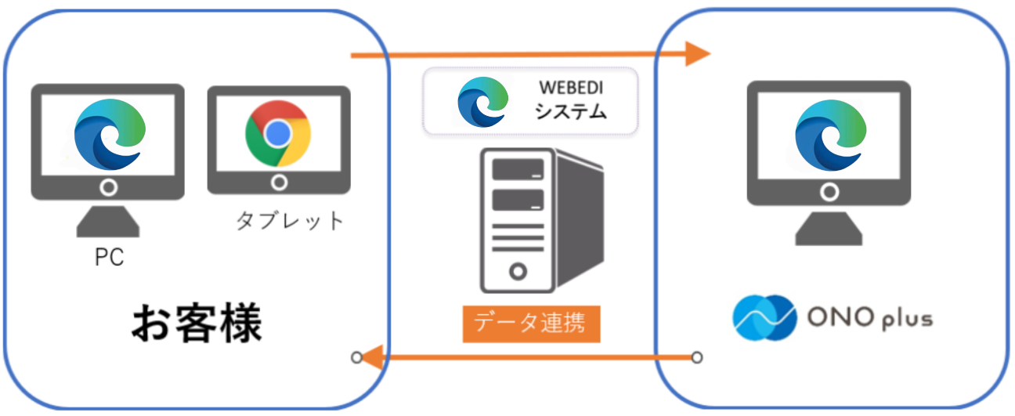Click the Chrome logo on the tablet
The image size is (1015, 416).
pos(277,133)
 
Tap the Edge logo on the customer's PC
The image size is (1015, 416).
pos(110,136)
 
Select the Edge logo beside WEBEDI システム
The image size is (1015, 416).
pos(482,102)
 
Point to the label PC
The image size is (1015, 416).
pos(109,258)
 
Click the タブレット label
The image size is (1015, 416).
pos(291,221)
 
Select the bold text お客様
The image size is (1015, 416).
pos(195,323)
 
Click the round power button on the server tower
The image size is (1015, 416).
pos(517,272)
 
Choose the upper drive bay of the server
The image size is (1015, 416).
pos(516,169)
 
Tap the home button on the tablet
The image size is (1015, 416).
pos(278,183)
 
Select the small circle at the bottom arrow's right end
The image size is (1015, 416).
pos(696,358)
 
